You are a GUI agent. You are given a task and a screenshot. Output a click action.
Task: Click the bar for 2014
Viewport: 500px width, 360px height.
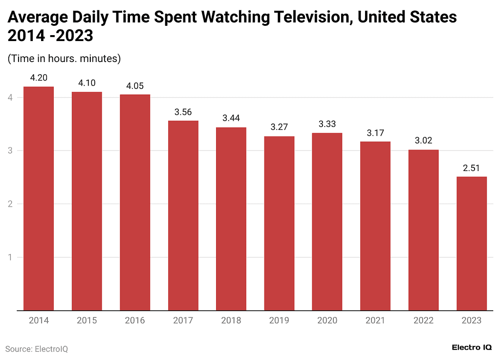(x=39, y=198)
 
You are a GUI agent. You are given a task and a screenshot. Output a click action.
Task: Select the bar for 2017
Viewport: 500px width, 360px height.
(x=183, y=215)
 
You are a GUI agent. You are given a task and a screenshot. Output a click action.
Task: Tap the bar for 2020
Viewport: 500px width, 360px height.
(x=327, y=221)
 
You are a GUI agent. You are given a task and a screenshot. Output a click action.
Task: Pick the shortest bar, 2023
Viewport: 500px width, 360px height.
(x=471, y=243)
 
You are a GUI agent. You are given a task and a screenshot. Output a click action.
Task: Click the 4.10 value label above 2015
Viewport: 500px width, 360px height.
(x=87, y=83)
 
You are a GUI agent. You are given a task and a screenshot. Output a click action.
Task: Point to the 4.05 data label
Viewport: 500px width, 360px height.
(x=135, y=85)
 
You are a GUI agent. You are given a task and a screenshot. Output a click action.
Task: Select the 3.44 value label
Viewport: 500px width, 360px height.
(x=231, y=118)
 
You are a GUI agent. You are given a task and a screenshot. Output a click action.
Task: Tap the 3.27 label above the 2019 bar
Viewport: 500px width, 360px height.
(x=279, y=127)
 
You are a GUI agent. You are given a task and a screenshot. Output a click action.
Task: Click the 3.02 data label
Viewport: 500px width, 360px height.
(x=423, y=141)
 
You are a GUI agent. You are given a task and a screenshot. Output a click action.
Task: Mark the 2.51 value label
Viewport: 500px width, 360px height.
(x=471, y=168)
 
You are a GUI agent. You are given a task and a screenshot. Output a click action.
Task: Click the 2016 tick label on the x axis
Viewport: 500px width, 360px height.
(x=135, y=320)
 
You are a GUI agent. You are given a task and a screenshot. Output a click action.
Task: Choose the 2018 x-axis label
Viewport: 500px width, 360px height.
(x=231, y=320)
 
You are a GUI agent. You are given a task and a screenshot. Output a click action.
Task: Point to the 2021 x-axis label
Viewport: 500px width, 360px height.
(x=375, y=320)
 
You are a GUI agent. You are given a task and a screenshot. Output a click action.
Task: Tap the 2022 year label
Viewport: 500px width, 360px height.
(x=423, y=320)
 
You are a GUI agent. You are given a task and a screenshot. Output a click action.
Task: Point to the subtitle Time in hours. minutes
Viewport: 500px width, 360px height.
(x=64, y=59)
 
